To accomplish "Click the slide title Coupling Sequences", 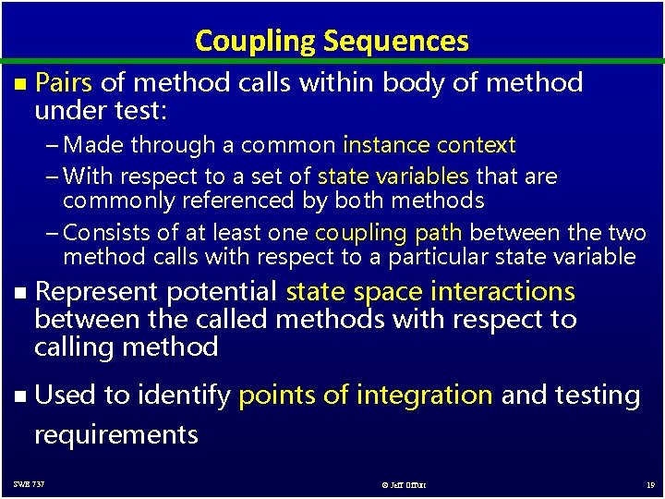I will coord(332,41).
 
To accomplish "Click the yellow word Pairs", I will coord(63,83).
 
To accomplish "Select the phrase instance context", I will coord(429,145).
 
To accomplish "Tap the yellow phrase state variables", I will coord(393,176).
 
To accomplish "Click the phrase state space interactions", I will coord(430,292).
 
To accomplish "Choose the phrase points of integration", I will coord(365,396).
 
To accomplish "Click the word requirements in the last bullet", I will coord(115,434).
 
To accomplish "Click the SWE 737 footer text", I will coord(29,484).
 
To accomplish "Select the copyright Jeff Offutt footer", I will coord(403,484).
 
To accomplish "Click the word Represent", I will coord(94,292).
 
